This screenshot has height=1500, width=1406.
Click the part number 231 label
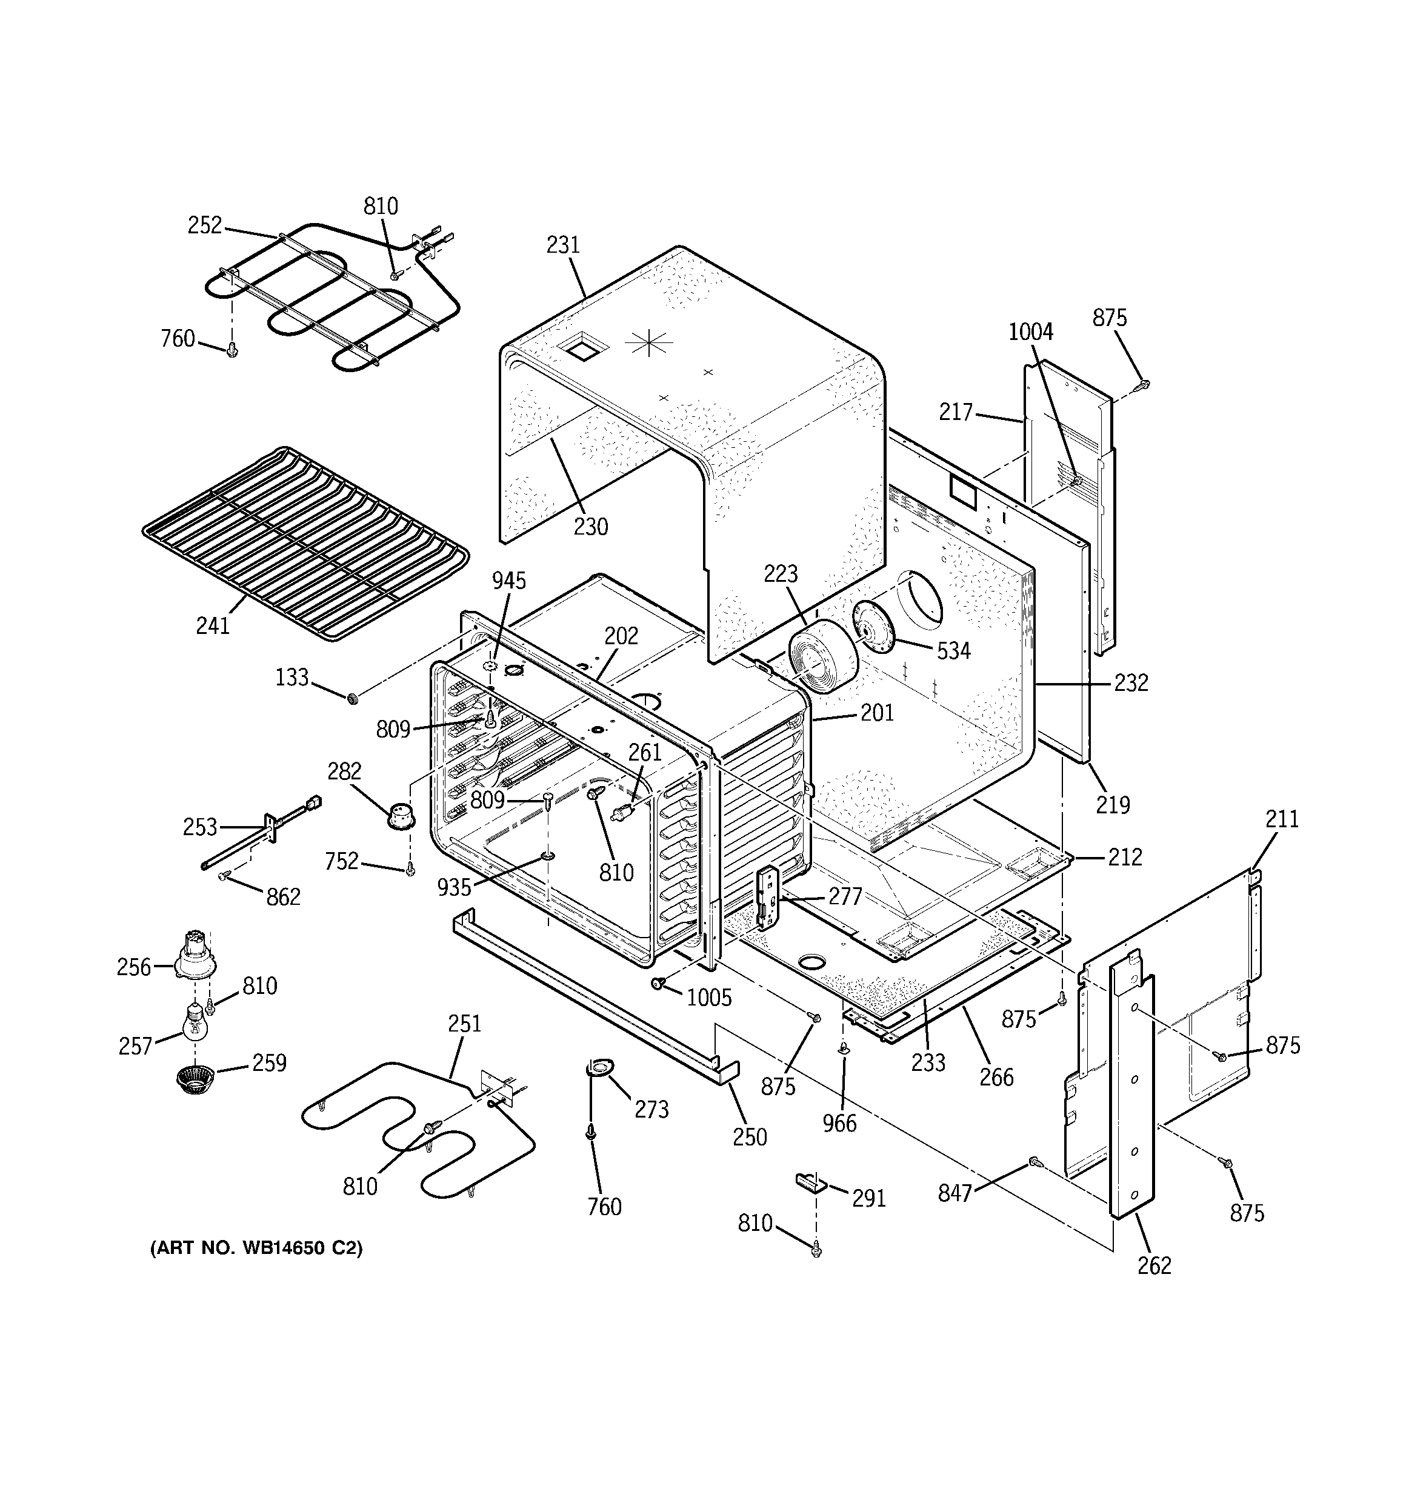point(563,245)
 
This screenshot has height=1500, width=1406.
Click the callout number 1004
point(1030,332)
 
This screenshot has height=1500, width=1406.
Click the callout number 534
point(953,650)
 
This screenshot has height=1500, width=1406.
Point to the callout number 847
point(954,1193)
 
